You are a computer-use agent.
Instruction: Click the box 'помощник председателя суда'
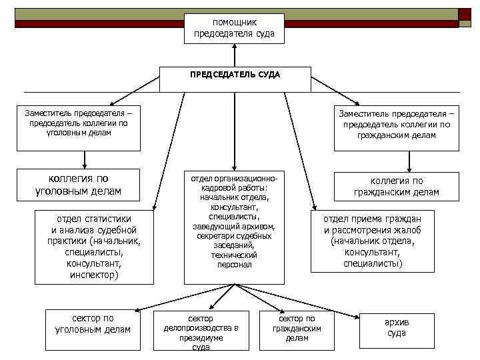(234, 28)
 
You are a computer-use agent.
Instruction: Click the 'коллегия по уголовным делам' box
(78, 185)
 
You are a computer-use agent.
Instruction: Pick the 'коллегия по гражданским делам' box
(396, 187)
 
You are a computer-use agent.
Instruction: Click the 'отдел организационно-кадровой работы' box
(233, 222)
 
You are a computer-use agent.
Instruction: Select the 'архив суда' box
(397, 329)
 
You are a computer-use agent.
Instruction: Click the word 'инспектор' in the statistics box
(94, 274)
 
